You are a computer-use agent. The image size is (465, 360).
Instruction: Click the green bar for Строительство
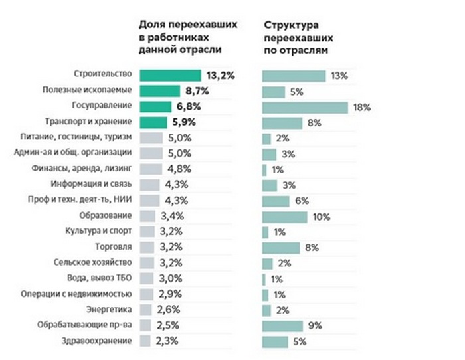coord(170,76)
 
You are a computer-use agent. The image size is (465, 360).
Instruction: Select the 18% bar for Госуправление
coord(305,107)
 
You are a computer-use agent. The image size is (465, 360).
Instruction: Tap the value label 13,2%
coord(220,76)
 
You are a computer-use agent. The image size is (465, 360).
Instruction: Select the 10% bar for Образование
coord(284,217)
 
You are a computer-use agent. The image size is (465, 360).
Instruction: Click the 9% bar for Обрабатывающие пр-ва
coord(282,325)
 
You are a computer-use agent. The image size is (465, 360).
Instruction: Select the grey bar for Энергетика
coord(149,310)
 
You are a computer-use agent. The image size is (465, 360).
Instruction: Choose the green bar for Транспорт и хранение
coord(154,122)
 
